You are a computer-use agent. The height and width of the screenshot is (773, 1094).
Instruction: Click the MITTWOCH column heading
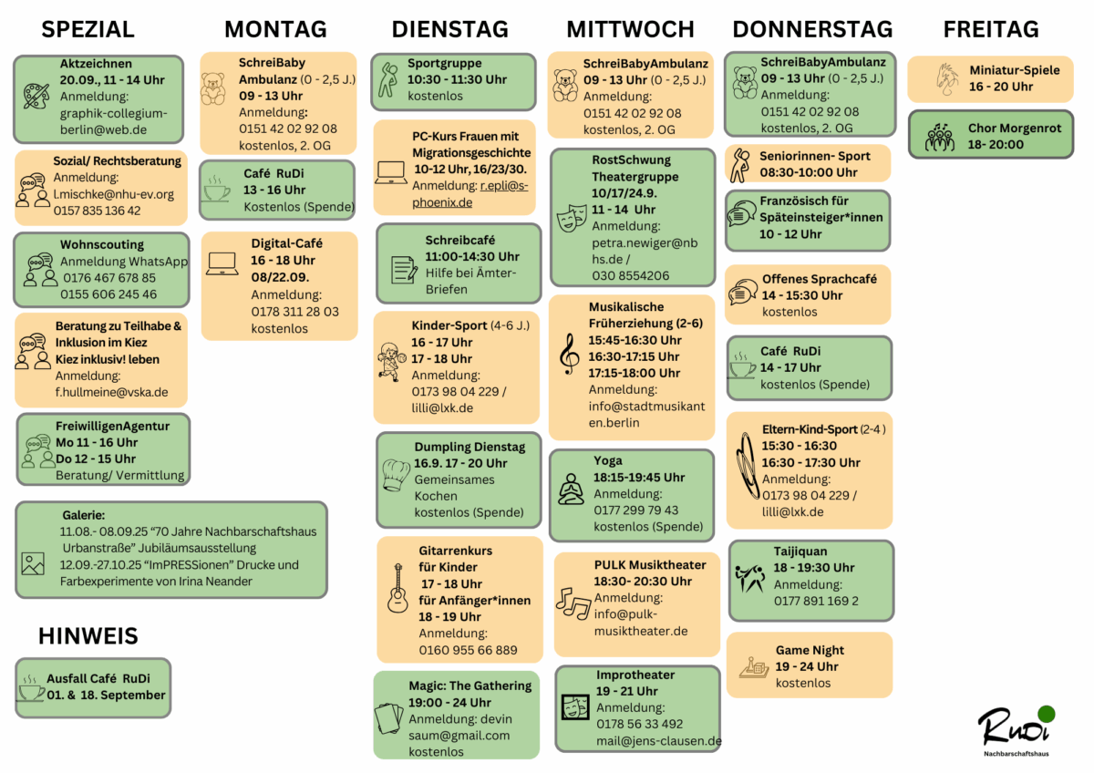pyautogui.click(x=630, y=29)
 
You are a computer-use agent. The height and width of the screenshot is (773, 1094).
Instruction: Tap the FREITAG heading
pyautogui.click(x=991, y=29)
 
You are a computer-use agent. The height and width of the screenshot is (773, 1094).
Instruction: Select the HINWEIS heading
pyautogui.click(x=88, y=635)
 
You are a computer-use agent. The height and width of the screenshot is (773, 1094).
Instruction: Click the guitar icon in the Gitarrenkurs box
pyautogui.click(x=397, y=588)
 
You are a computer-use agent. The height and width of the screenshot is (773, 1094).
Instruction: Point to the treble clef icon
pyautogui.click(x=569, y=355)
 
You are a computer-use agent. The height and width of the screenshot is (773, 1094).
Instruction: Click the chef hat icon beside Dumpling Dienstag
pyautogui.click(x=396, y=475)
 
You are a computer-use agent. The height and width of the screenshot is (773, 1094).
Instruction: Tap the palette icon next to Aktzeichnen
pyautogui.click(x=36, y=97)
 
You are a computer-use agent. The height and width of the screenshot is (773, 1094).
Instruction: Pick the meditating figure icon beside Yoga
pyautogui.click(x=571, y=489)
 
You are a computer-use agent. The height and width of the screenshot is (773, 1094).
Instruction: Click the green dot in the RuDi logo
pyautogui.click(x=1047, y=714)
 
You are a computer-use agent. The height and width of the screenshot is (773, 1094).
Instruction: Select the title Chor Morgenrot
pyautogui.click(x=1015, y=128)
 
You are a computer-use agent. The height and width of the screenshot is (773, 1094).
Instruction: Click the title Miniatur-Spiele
pyautogui.click(x=1015, y=70)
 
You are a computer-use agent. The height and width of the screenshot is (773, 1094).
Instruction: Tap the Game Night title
pyautogui.click(x=810, y=650)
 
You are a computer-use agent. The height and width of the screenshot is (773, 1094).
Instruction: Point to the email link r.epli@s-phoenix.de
pyautogui.click(x=470, y=194)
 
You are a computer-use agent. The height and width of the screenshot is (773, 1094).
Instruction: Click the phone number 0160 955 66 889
pyautogui.click(x=468, y=650)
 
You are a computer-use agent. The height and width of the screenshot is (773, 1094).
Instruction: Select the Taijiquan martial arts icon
pyautogui.click(x=750, y=578)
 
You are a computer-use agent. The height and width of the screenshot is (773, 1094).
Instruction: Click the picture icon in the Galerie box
pyautogui.click(x=33, y=564)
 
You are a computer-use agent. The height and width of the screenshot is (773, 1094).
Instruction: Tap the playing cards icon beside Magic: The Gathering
pyautogui.click(x=388, y=717)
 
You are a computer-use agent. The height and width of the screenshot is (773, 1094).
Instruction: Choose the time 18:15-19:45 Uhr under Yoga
pyautogui.click(x=639, y=477)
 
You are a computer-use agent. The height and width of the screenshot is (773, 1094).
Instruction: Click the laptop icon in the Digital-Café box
pyautogui.click(x=222, y=264)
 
